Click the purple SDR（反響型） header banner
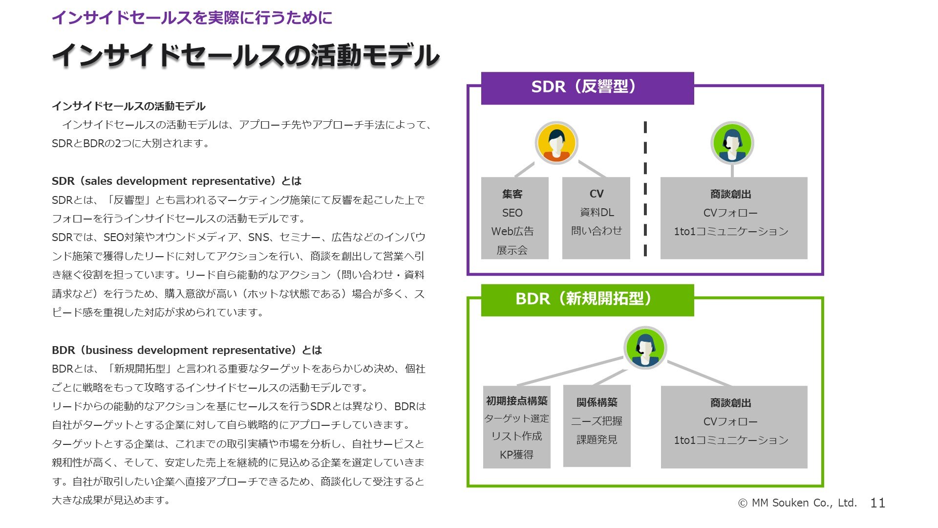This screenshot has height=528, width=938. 587,88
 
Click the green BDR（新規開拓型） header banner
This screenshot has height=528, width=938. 587,300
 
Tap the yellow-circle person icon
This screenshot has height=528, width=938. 556,143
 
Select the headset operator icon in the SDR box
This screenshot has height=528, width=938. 732,143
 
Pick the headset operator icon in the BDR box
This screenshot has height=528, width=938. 645,348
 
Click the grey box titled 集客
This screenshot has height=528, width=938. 515,218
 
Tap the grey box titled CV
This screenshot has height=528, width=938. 596,218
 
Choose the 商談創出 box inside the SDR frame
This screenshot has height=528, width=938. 734,218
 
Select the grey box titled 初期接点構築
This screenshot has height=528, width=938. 517,427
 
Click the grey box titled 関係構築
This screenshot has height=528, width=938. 597,426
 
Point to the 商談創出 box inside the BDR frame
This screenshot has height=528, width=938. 734,427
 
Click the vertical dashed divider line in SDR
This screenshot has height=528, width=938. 645,189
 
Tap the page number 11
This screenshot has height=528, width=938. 878,503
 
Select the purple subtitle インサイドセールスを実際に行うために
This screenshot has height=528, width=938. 192,18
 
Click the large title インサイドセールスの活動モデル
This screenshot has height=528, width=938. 246,55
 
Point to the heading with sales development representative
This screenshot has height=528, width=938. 177,181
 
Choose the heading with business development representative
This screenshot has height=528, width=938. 187,350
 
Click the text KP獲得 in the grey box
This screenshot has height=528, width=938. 516,455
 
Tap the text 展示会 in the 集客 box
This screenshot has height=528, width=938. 512,250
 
